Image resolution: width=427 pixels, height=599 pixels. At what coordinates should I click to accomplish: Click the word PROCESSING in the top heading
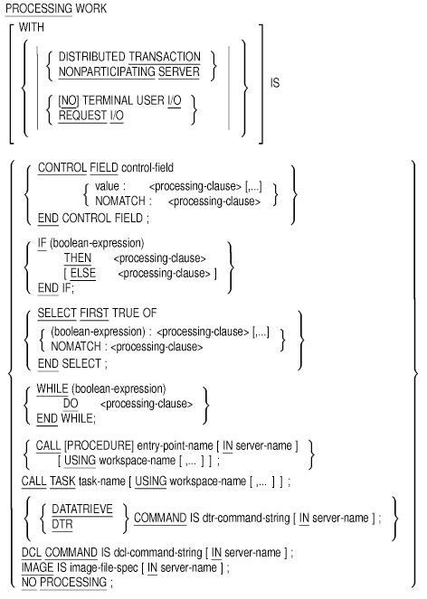(39, 8)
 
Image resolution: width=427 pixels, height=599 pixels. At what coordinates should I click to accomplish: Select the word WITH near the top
(32, 27)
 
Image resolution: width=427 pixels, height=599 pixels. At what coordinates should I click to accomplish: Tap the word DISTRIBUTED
(92, 57)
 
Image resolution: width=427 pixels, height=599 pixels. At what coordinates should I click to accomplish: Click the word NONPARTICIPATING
(107, 71)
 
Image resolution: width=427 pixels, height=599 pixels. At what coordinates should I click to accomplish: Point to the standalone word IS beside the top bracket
(275, 82)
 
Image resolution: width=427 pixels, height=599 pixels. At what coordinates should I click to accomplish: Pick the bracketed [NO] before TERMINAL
(69, 100)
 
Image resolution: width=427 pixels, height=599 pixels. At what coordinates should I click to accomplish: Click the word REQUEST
(82, 116)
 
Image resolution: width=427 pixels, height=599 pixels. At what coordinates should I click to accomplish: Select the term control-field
(147, 167)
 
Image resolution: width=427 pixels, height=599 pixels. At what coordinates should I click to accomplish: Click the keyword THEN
(78, 257)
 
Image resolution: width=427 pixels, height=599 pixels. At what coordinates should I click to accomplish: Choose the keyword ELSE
(83, 273)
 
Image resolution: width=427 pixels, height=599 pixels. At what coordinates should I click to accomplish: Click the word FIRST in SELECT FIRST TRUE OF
(94, 313)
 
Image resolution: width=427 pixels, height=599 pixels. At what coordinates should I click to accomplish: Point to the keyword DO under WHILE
(71, 404)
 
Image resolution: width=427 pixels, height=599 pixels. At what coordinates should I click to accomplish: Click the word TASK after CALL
(62, 481)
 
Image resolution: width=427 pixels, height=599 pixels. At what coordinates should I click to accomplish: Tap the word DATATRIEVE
(82, 510)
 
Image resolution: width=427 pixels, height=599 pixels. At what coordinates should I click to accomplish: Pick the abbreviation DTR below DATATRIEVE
(62, 524)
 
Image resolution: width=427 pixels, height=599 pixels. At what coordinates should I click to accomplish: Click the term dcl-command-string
(157, 552)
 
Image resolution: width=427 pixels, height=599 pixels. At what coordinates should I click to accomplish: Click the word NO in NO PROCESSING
(29, 582)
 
